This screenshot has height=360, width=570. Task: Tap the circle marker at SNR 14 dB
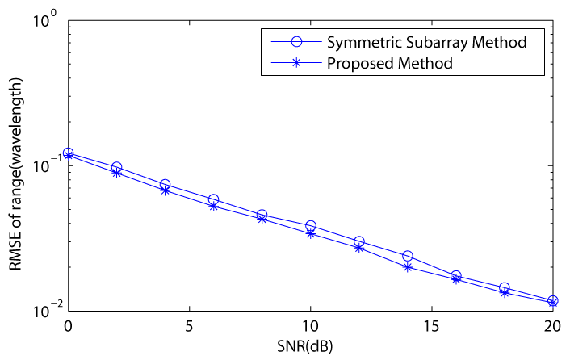click(408, 256)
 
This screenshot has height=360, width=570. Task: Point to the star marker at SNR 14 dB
click(408, 266)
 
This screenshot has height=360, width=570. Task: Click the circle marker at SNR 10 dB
click(311, 226)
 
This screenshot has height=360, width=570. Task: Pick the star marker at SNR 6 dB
click(214, 206)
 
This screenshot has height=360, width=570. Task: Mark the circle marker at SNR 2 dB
click(116, 167)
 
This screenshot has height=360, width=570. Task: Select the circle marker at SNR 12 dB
click(359, 241)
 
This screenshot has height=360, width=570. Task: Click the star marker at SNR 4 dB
click(165, 190)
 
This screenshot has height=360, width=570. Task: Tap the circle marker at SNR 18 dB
click(505, 287)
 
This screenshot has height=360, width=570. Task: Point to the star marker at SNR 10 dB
click(311, 233)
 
